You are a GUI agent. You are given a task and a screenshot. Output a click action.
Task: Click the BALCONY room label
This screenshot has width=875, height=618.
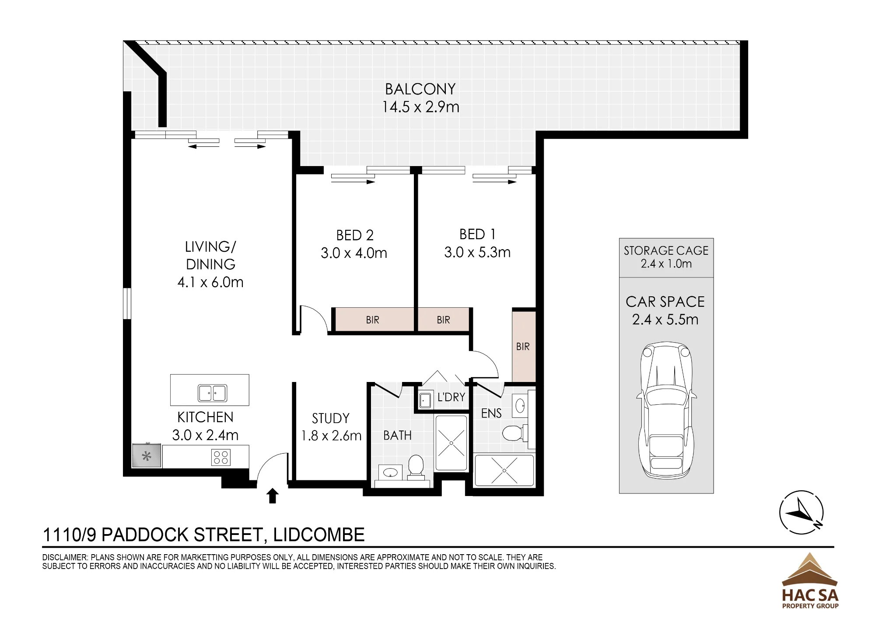(420, 89)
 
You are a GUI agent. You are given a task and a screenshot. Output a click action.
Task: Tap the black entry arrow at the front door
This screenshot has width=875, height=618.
(273, 496)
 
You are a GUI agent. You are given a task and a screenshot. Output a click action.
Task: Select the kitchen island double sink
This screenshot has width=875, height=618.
(212, 393)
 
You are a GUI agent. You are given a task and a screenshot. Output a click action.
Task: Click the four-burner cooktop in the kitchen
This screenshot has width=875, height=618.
(220, 458)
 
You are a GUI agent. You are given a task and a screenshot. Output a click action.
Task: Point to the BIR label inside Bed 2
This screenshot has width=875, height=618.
(372, 320)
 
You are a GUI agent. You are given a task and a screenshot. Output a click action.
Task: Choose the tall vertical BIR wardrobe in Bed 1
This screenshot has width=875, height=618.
(524, 346)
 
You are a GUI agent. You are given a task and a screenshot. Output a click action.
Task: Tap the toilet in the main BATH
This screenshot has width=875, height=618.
(416, 465)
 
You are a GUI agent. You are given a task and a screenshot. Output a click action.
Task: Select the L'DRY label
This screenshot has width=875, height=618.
(451, 397)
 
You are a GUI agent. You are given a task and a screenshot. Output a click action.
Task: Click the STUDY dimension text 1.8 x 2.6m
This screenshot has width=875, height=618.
(331, 436)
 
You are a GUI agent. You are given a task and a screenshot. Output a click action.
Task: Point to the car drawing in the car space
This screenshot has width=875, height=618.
(666, 410)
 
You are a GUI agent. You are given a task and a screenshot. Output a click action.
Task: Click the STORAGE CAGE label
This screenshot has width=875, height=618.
(666, 251)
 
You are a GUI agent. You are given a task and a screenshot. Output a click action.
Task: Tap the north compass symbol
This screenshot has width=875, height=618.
(801, 512)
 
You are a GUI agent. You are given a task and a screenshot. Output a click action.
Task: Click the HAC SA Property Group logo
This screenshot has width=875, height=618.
(810, 581)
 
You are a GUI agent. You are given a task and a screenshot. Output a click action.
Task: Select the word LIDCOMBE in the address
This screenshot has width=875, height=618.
(319, 535)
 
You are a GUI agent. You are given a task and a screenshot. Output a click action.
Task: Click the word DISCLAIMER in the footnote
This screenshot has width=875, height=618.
(65, 558)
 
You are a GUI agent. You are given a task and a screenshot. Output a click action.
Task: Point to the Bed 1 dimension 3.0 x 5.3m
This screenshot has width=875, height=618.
(477, 253)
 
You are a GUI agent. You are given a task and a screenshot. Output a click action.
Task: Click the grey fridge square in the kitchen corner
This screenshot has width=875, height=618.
(147, 456)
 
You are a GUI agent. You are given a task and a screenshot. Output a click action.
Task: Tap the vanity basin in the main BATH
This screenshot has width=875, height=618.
(390, 472)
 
